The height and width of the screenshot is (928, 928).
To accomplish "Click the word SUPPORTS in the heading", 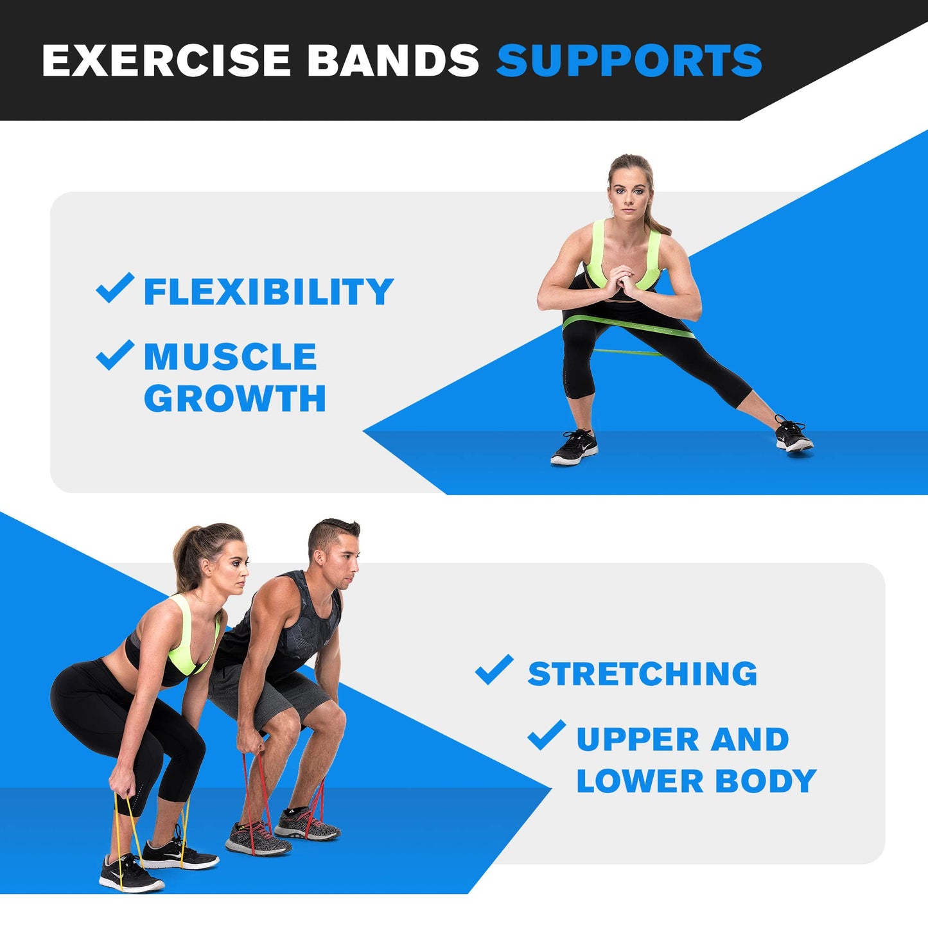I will (x=629, y=61).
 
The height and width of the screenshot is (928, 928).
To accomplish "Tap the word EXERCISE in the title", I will (x=166, y=61).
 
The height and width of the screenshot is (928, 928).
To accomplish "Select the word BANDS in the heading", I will (x=392, y=61).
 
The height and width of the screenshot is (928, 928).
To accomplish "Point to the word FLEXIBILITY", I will (x=268, y=292).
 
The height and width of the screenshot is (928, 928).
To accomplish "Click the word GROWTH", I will (x=235, y=399).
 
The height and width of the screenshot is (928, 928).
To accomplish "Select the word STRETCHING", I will (x=642, y=674).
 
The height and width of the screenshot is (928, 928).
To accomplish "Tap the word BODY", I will (x=766, y=782).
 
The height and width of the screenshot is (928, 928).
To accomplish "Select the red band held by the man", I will (x=258, y=796).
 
